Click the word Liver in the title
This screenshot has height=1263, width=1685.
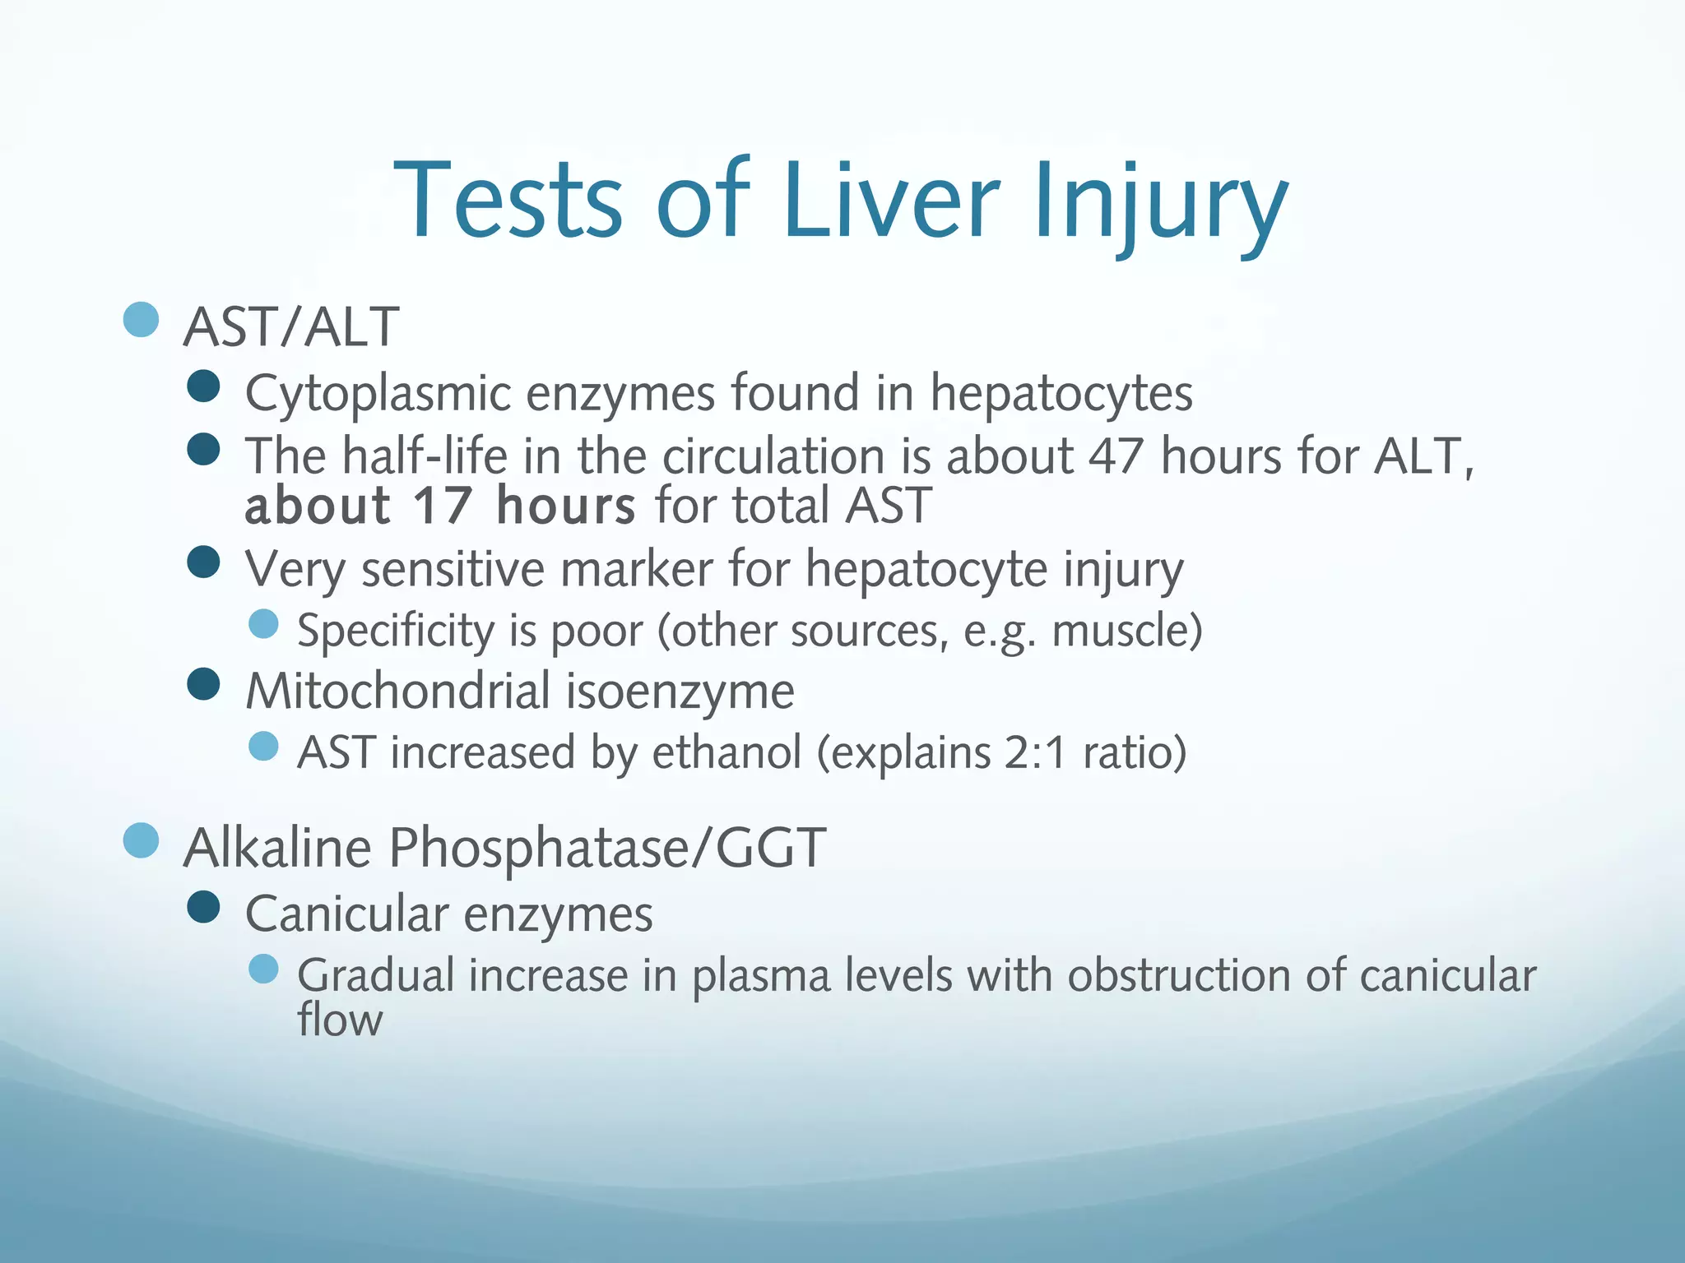(891, 200)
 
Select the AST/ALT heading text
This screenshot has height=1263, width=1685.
(291, 327)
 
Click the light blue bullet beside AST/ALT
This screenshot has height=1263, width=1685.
(141, 319)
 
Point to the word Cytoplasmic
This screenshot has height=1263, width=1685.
(378, 393)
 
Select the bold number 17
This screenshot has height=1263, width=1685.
(443, 505)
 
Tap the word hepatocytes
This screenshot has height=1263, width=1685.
(1061, 393)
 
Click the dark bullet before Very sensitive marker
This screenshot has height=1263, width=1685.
(203, 563)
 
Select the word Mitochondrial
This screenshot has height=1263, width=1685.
(398, 691)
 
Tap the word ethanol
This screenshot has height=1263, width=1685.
(726, 752)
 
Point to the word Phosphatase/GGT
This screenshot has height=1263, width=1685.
(607, 848)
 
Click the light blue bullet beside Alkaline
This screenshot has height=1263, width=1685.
(141, 840)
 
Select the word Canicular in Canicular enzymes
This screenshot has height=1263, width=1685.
(347, 914)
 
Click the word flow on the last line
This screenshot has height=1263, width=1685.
(340, 1020)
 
